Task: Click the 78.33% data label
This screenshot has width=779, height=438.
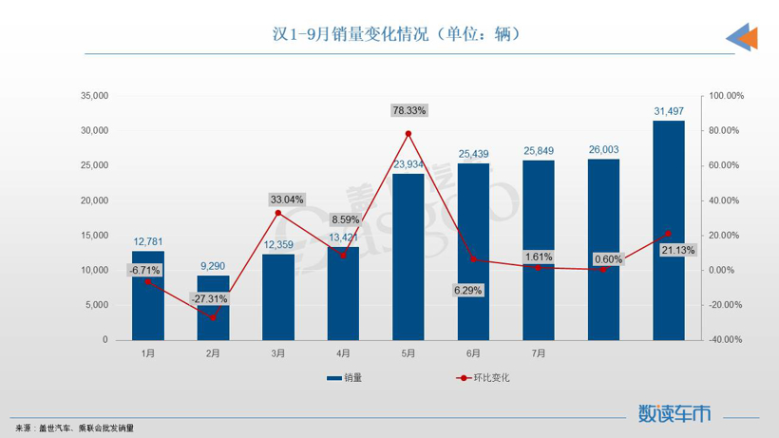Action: [409, 111]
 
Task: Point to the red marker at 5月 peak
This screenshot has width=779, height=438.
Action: [408, 134]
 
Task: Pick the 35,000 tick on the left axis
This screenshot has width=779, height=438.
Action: [95, 96]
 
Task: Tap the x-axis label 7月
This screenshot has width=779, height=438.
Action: [539, 353]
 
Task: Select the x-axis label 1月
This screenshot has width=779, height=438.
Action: [148, 353]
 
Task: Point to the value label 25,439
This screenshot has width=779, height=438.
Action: [474, 153]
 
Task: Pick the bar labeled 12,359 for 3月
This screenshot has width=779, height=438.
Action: [278, 296]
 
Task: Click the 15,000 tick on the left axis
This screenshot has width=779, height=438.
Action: [95, 235]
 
